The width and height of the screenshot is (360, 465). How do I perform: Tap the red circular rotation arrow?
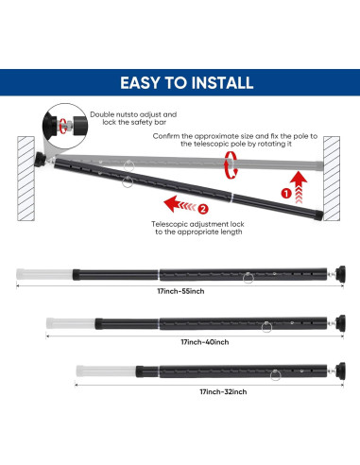point(229,167)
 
